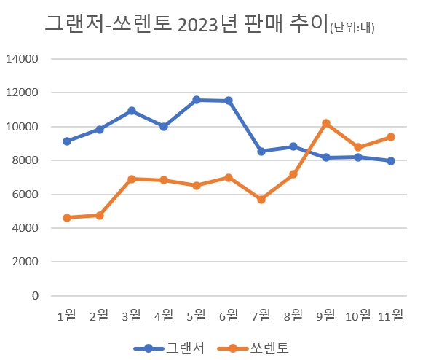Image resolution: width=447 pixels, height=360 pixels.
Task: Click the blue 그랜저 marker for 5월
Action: tap(197, 100)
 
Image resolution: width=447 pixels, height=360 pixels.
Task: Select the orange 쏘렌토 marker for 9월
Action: tap(326, 123)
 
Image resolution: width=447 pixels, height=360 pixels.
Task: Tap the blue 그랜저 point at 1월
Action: tap(67, 141)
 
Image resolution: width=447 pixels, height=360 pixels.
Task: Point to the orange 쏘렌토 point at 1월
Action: tap(67, 218)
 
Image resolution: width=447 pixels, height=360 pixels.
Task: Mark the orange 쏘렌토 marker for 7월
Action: tap(261, 199)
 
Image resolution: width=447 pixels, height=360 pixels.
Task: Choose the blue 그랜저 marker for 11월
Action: tap(391, 161)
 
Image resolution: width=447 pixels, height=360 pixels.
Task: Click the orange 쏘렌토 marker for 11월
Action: tap(391, 137)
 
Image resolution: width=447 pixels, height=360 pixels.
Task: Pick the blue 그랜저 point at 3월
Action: tap(132, 111)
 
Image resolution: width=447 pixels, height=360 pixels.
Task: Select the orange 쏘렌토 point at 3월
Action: tap(132, 179)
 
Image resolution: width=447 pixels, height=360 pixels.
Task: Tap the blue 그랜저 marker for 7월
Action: tap(261, 152)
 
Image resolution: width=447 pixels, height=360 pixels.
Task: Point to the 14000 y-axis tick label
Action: tap(24, 59)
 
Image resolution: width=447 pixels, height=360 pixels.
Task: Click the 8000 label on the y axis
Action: tap(27, 160)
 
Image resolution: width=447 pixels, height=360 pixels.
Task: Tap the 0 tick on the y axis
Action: tap(35, 296)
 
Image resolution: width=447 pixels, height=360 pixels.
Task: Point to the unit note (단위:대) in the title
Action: tap(357, 28)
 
